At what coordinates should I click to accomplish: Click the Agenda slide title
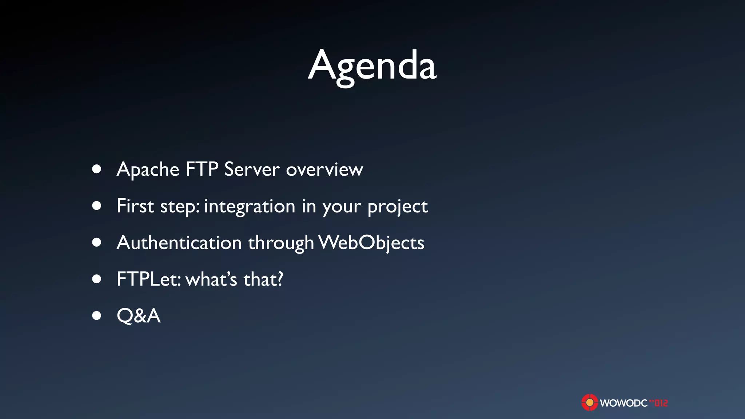click(372, 66)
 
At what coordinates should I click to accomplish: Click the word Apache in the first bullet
click(148, 169)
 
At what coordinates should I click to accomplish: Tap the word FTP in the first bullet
click(202, 169)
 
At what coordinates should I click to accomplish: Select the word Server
click(252, 169)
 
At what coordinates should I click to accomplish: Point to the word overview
click(324, 170)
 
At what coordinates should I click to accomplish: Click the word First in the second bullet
click(135, 206)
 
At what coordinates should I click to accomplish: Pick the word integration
click(250, 207)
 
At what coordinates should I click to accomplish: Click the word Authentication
click(179, 243)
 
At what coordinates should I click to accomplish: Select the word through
click(281, 243)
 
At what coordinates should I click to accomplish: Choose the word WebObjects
click(371, 243)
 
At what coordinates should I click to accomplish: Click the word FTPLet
click(148, 279)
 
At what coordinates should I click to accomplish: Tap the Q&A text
click(139, 315)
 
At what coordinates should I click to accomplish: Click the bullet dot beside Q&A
click(96, 315)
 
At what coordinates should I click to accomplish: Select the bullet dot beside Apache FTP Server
click(96, 169)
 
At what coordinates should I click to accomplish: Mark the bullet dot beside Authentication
click(96, 242)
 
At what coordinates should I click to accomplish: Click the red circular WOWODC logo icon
click(589, 403)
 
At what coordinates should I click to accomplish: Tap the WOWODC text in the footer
click(624, 403)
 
